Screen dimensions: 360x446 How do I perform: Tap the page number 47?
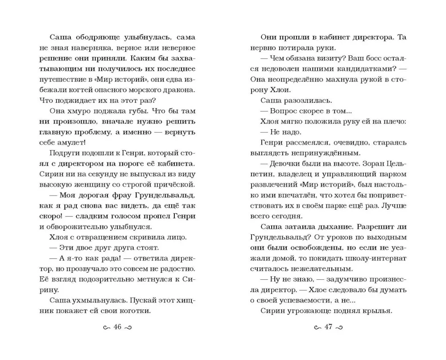tap(329, 328)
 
